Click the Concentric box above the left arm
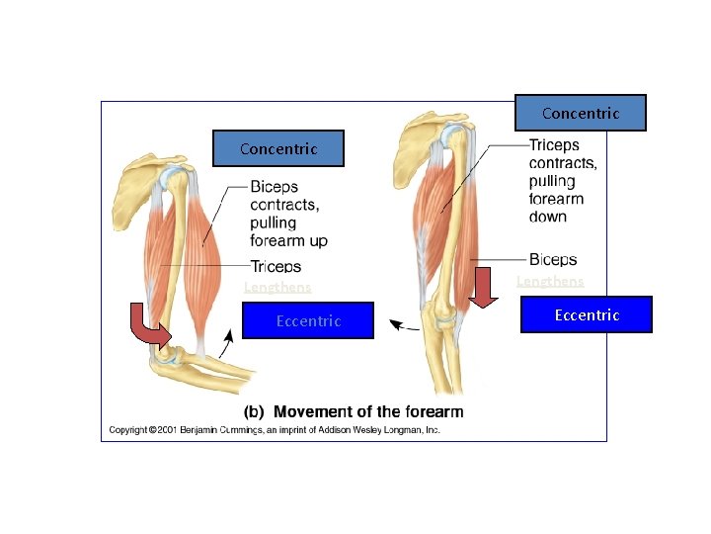278,148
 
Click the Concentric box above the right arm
581,113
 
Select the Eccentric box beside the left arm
308,320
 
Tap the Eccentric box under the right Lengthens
587,314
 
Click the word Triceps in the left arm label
276,267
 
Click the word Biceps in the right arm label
553,260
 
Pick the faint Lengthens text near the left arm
277,288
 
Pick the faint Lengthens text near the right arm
550,282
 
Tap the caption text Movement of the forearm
367,411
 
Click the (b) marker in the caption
255,411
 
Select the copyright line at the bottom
274,430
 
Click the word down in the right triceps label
548,217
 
